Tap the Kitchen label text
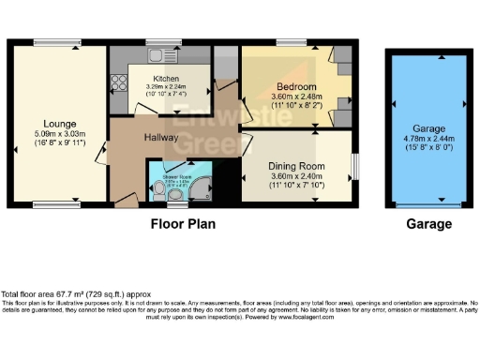166,79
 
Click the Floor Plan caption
184,225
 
